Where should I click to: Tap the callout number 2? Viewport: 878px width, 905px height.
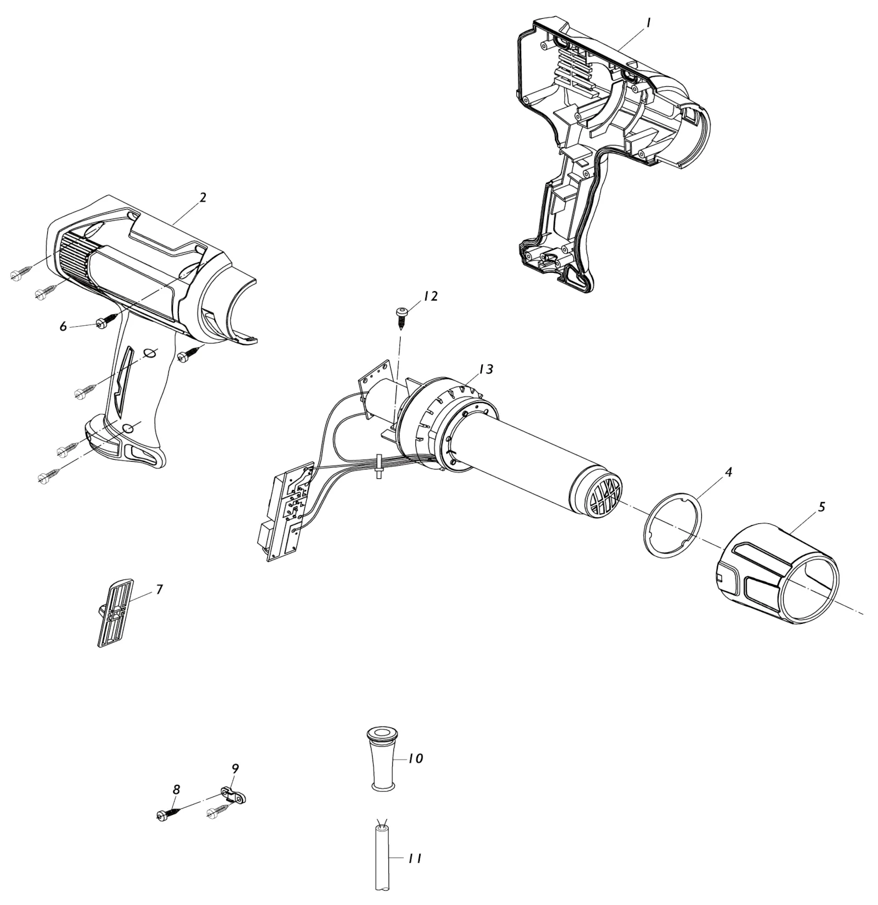(203, 198)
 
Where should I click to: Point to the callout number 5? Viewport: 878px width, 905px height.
(821, 507)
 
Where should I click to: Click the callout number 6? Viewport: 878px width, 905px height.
(63, 327)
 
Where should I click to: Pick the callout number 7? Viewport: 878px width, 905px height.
(159, 590)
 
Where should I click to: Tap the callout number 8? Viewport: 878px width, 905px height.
(176, 790)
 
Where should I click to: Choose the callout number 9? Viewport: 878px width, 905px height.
(235, 768)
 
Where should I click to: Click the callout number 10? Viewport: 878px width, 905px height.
(416, 758)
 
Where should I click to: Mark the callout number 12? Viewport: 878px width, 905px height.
(430, 296)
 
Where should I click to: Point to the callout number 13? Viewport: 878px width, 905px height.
(486, 370)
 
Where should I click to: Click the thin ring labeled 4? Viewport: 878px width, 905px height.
(645, 527)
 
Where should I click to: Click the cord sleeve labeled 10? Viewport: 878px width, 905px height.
(382, 759)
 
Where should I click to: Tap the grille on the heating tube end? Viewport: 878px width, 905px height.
(606, 495)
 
